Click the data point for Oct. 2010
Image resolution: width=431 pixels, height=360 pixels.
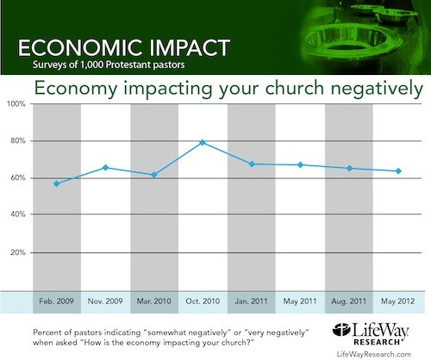point(203,142)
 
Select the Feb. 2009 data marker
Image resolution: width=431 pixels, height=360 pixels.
point(57,183)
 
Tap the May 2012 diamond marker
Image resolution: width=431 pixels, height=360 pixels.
point(398,171)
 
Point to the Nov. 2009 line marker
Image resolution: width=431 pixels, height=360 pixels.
point(105,168)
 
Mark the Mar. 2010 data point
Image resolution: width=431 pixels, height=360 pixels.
point(154,175)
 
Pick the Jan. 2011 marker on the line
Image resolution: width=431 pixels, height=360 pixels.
point(252,164)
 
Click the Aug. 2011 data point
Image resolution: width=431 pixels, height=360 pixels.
point(349,169)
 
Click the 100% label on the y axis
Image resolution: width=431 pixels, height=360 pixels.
point(16,104)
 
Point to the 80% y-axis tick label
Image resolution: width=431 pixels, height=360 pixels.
point(18,140)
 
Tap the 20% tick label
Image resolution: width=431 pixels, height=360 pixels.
point(18,252)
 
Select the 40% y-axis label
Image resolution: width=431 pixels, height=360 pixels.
point(18,214)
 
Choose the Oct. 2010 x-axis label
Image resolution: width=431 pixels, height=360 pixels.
point(203,301)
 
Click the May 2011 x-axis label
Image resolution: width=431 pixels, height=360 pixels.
point(300,301)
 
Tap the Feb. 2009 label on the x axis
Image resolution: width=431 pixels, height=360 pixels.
point(56,301)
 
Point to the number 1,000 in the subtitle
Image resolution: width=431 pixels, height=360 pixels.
point(92,65)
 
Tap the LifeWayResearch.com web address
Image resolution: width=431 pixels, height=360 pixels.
point(374,354)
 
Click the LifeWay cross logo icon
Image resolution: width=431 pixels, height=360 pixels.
point(341,330)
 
